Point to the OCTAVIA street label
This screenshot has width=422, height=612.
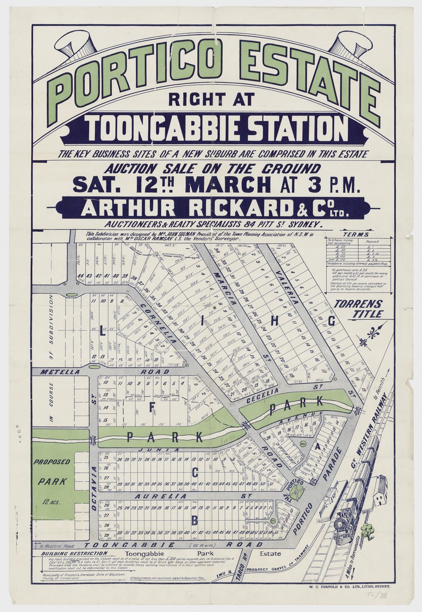click(94, 489)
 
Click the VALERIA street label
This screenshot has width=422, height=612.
click(293, 289)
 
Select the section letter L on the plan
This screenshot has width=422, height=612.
click(101, 332)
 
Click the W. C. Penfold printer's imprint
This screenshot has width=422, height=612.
click(353, 586)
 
